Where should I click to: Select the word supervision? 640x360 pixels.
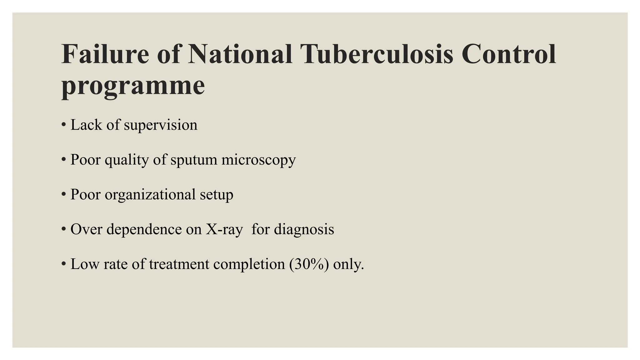click(x=161, y=125)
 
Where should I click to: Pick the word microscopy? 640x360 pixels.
click(x=258, y=160)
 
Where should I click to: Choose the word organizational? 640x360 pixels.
click(x=150, y=194)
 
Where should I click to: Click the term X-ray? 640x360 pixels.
click(x=224, y=229)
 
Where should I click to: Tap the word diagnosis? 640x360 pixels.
click(x=304, y=229)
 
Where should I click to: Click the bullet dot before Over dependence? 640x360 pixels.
click(x=64, y=229)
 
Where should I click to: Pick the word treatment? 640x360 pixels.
click(x=179, y=264)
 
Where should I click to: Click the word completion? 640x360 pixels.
click(x=249, y=264)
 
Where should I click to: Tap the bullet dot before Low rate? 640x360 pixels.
click(x=64, y=264)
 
